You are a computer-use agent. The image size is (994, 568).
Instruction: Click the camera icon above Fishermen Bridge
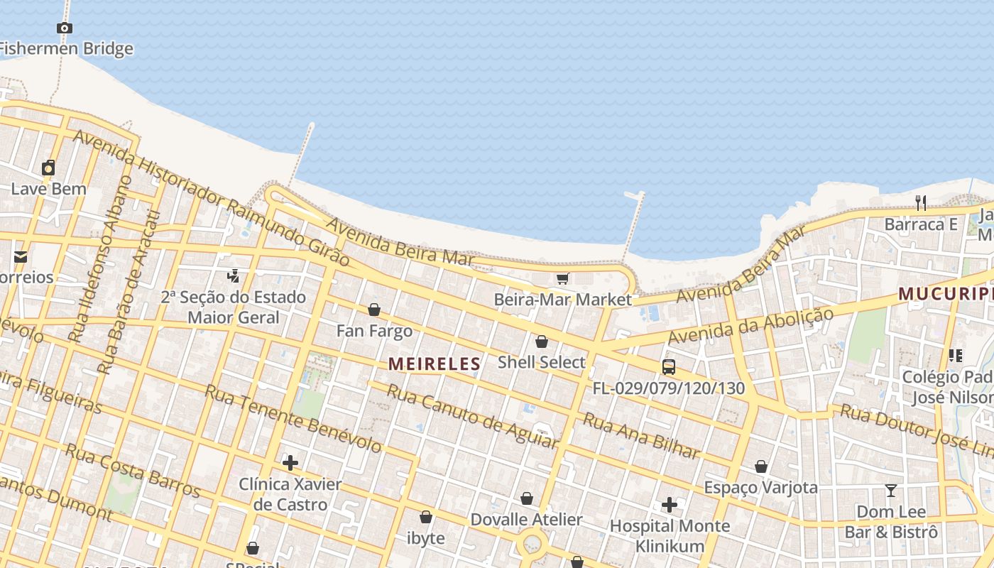[x=65, y=28]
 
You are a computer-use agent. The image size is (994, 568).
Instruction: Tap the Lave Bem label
[x=48, y=189]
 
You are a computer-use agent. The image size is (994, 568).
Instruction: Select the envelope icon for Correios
[x=20, y=256]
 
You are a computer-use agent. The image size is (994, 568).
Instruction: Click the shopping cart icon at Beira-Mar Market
[x=563, y=278]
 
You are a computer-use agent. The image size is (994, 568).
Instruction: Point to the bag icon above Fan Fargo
[x=374, y=310]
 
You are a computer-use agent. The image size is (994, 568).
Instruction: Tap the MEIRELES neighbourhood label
[x=435, y=364]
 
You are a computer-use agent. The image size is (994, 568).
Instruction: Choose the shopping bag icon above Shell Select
[x=542, y=342]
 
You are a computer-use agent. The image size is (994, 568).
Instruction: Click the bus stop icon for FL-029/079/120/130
[x=669, y=367]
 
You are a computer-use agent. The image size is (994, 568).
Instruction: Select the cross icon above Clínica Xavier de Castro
[x=290, y=463]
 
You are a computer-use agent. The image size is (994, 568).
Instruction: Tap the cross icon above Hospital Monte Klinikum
[x=670, y=505]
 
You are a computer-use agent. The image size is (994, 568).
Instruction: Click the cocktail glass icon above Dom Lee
[x=891, y=491]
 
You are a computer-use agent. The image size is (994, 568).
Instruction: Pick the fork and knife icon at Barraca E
[x=921, y=203]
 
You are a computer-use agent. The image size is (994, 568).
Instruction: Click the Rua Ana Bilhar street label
[x=641, y=435]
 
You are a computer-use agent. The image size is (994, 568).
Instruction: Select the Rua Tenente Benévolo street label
[x=293, y=419]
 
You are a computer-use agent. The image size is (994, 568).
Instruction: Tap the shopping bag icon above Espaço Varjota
[x=761, y=466]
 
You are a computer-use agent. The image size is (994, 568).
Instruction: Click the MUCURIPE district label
[x=945, y=293]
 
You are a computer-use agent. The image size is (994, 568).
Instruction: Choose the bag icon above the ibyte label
[x=426, y=517]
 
